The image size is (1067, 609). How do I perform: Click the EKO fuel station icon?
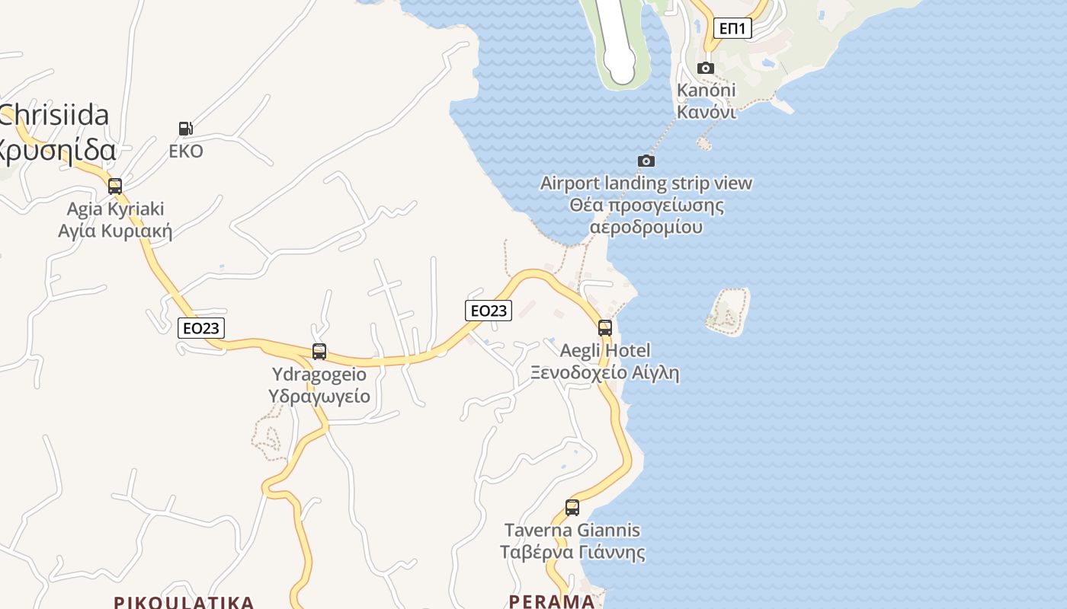pos(185,129)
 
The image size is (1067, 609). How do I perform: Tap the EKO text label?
pos(186,151)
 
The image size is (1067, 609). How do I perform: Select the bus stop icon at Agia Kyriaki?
pos(115,187)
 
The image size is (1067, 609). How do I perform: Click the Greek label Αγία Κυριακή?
pos(115,231)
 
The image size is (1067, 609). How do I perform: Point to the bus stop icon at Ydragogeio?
pos(319,352)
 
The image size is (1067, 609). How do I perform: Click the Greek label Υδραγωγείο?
pos(319,397)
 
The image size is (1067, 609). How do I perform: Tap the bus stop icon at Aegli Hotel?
pos(605,328)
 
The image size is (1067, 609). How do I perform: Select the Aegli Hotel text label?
pos(605,351)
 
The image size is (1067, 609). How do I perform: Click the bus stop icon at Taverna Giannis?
pos(572,508)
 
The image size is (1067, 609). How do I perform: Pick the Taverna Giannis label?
pos(572,530)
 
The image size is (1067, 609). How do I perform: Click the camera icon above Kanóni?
pos(706,68)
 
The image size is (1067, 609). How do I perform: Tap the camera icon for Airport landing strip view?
pos(646,161)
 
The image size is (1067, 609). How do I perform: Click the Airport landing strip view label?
pos(646,183)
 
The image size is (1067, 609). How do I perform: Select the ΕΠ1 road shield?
pos(733,29)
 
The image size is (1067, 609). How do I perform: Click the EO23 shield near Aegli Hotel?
pos(489,310)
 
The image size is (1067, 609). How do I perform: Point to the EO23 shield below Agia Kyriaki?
pos(201,328)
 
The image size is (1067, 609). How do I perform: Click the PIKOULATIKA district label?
pos(184,602)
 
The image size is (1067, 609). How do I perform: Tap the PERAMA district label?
pos(552,601)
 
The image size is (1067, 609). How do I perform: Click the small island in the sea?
pos(728,312)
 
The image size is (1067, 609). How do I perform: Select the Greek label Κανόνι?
pos(707,112)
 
